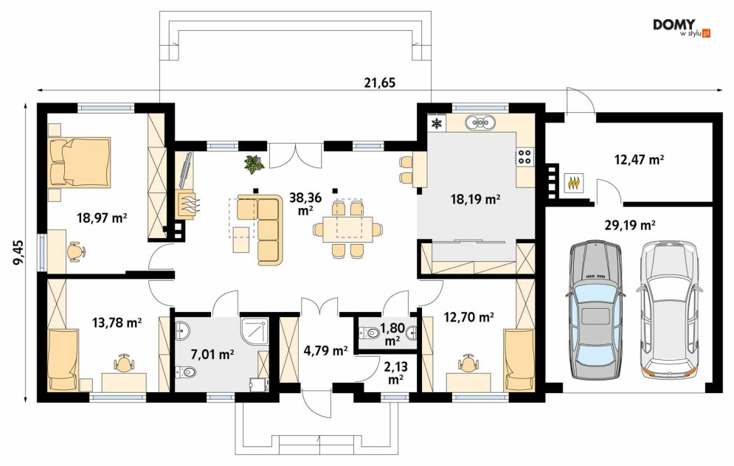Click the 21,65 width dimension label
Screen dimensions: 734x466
coord(380,83)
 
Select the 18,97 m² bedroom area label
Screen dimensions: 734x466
coord(102,218)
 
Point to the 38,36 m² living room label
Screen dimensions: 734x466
coord(305,204)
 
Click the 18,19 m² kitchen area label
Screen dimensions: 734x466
coord(475,200)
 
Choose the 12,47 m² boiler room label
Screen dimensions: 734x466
coord(639,160)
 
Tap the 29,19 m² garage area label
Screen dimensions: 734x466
coord(629,226)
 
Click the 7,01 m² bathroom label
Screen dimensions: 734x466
coord(212,355)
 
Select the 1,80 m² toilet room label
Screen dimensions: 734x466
coord(391,334)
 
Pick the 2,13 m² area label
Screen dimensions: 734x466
coord(395,373)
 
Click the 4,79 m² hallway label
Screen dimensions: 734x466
coord(325,350)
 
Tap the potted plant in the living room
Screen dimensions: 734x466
coord(254,164)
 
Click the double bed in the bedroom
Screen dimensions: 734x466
coord(79,162)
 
